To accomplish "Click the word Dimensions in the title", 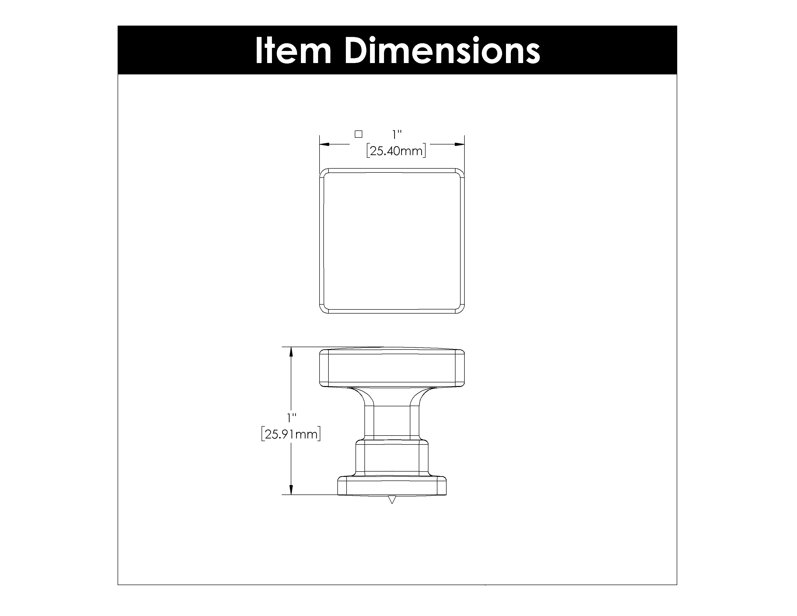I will pyautogui.click(x=442, y=51).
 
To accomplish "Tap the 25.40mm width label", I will pyautogui.click(x=396, y=151).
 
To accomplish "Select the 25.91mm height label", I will pyautogui.click(x=291, y=434).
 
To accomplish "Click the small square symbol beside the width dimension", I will pyautogui.click(x=358, y=134).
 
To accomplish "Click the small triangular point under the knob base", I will pyautogui.click(x=392, y=499).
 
